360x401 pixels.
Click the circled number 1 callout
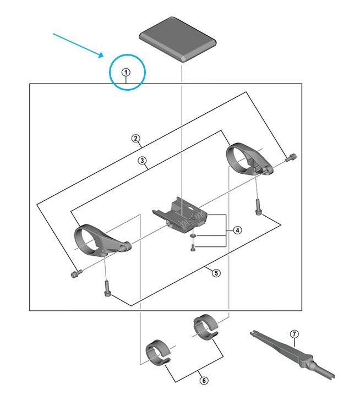[x=126, y=73]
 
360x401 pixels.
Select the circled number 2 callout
[x=135, y=139]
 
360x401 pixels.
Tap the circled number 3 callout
[x=142, y=161]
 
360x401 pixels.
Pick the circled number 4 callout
[x=237, y=230]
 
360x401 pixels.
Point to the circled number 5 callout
[x=216, y=273]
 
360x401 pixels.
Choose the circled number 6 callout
[x=204, y=381]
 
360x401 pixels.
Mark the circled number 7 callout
[x=294, y=334]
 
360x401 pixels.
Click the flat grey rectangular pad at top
[x=178, y=39]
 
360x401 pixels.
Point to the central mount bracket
[x=180, y=215]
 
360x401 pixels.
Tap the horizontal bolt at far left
[x=76, y=273]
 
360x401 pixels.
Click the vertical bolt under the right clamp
[x=258, y=207]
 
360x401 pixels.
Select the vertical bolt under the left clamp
[x=108, y=288]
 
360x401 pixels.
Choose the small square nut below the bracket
[x=193, y=235]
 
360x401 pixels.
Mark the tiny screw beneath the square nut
[x=193, y=248]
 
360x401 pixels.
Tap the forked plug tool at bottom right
[x=292, y=355]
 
